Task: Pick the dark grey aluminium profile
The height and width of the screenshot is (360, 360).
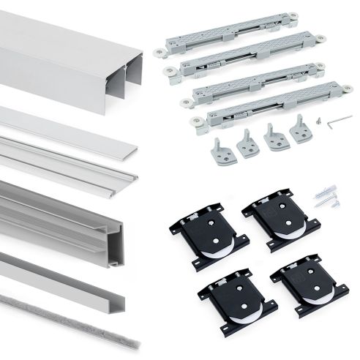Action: pos(73,212)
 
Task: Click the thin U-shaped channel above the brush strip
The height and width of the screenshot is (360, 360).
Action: pos(73,271)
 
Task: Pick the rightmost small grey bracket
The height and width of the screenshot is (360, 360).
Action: pos(300,131)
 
